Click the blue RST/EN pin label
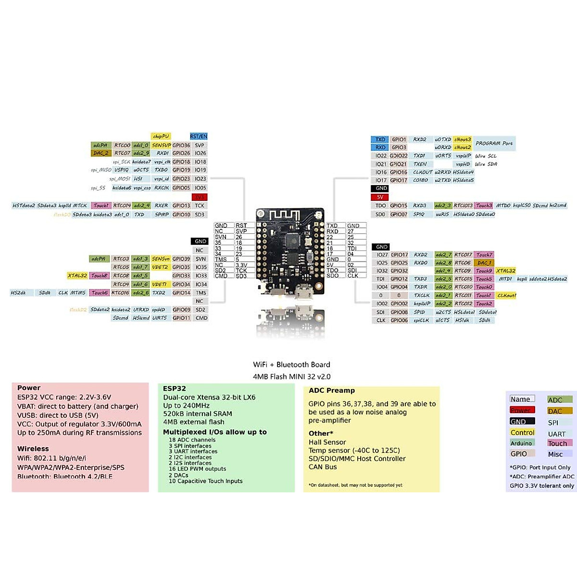(199, 137)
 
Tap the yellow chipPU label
(161, 137)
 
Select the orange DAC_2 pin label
(101, 153)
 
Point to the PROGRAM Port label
(494, 143)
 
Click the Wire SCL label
(486, 156)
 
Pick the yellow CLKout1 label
(506, 296)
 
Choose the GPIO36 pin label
(181, 145)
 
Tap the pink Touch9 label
(484, 271)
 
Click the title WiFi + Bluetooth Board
(291, 364)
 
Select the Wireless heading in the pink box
(33, 449)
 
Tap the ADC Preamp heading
(332, 390)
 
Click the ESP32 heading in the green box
(174, 389)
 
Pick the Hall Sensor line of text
(327, 442)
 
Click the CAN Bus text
(323, 467)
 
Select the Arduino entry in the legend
(521, 443)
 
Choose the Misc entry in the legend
(555, 454)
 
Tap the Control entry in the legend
(522, 432)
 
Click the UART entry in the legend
(557, 434)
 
